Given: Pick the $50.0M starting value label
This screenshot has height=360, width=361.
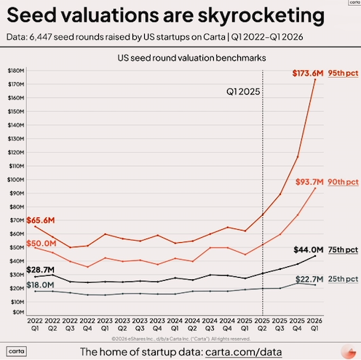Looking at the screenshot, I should click(x=40, y=243).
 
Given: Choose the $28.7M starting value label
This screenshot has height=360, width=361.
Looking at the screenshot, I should click(x=40, y=270).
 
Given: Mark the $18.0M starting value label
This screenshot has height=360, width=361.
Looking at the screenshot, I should click(x=40, y=285).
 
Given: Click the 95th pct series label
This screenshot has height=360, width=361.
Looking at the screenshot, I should click(x=343, y=73).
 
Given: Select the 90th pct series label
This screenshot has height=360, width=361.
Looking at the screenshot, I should click(x=343, y=181).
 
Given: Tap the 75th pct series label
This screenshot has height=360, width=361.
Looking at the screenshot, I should click(x=343, y=249).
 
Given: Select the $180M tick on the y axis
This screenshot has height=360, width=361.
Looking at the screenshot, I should click(x=15, y=70).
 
